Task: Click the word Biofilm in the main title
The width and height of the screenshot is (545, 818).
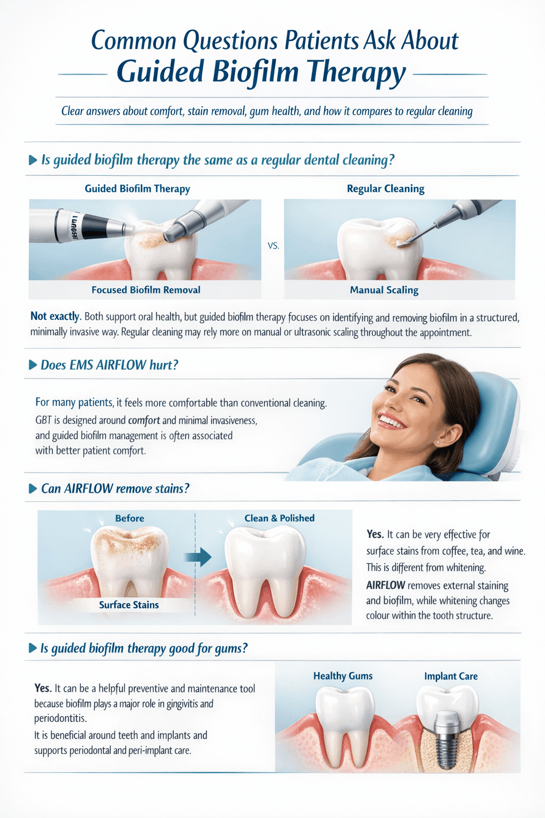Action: (x=255, y=71)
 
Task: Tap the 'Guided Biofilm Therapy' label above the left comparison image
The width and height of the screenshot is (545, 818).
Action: (x=137, y=189)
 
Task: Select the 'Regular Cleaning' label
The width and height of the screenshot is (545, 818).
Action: (x=385, y=189)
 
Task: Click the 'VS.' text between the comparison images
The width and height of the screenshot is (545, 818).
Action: (x=273, y=247)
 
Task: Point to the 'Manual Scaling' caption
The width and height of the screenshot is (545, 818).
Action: (x=384, y=290)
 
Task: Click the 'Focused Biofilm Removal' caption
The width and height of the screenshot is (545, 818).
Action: (x=146, y=290)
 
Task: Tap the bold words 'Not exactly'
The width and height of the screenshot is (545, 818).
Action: (x=55, y=316)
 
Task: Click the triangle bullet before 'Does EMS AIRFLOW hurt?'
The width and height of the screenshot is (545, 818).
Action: (x=32, y=365)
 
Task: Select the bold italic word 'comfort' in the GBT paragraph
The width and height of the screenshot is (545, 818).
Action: (x=144, y=420)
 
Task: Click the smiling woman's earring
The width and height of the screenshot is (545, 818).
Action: (x=437, y=442)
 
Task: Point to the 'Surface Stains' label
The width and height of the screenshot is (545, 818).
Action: (x=129, y=605)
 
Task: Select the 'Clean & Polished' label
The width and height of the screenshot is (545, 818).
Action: (x=279, y=518)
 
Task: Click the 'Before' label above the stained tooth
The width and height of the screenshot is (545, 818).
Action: (x=129, y=518)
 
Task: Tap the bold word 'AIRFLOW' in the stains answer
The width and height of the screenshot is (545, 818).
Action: (x=385, y=585)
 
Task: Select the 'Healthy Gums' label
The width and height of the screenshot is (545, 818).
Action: (x=343, y=676)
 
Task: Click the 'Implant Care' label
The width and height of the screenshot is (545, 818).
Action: (x=451, y=676)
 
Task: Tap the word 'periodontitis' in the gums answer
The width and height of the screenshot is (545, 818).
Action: (x=60, y=718)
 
